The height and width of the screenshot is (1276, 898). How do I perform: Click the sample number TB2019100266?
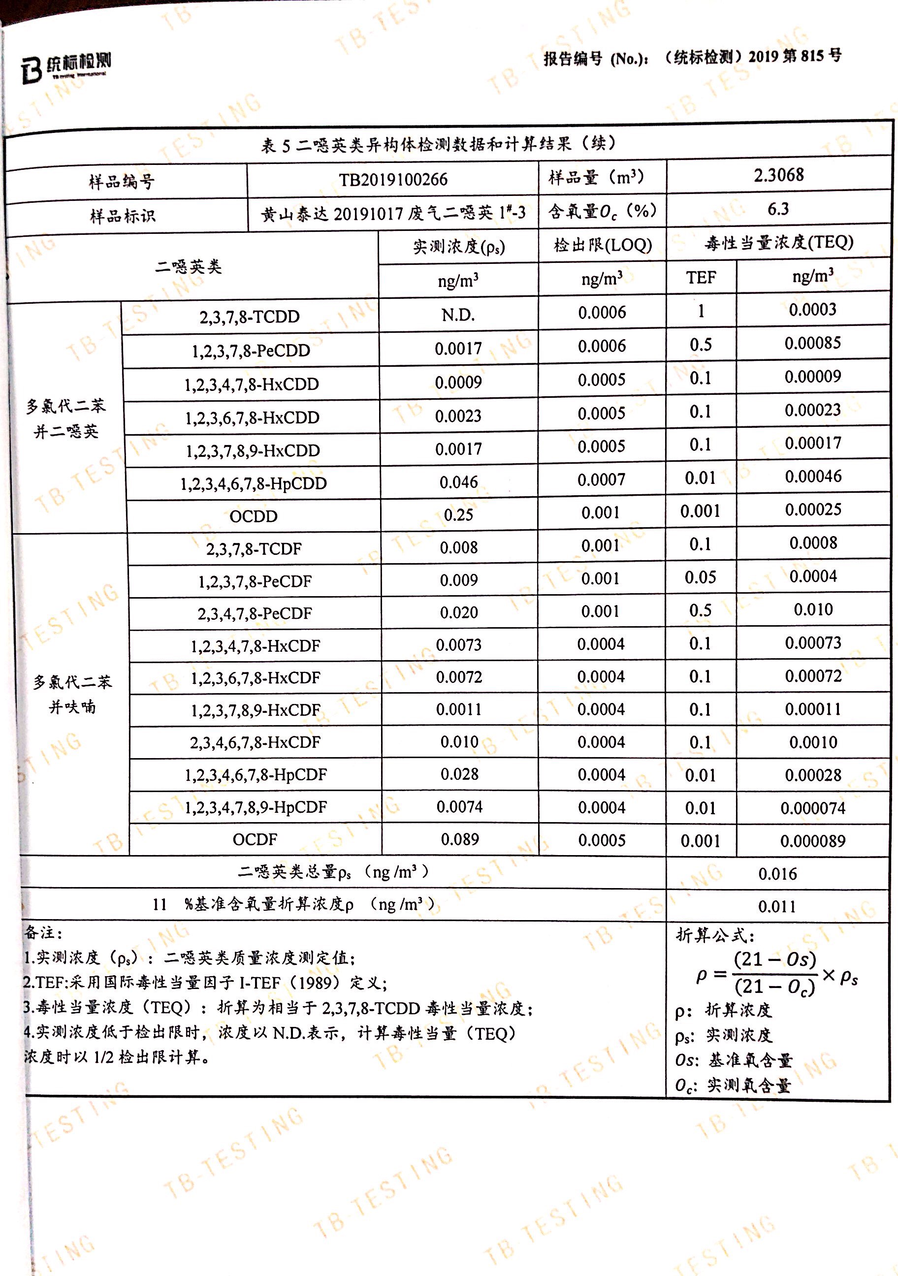[x=393, y=180]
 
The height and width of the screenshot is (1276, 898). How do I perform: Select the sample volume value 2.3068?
[x=778, y=175]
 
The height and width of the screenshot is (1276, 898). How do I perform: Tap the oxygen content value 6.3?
[x=778, y=209]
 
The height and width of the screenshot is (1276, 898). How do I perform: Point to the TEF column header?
[x=701, y=277]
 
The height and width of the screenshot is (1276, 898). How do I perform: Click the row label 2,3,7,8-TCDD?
[x=250, y=317]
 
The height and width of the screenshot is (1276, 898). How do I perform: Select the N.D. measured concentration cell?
[x=458, y=315]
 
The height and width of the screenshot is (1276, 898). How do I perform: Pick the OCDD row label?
[x=254, y=516]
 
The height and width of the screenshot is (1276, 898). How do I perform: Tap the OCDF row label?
[x=255, y=839]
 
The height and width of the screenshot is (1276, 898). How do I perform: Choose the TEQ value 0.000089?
[x=812, y=841]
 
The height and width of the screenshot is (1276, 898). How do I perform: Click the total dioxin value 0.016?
[x=777, y=874]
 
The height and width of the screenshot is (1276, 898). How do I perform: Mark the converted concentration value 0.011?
[x=777, y=907]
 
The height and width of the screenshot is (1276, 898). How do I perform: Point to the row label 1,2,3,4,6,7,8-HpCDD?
[x=253, y=483]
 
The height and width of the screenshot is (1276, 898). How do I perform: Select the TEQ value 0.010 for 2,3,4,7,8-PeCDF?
[x=813, y=609]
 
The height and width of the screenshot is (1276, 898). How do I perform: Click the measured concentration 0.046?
[x=458, y=482]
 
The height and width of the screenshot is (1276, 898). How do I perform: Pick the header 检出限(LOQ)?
[x=603, y=245]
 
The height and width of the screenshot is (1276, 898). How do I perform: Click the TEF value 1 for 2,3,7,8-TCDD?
[x=701, y=311]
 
